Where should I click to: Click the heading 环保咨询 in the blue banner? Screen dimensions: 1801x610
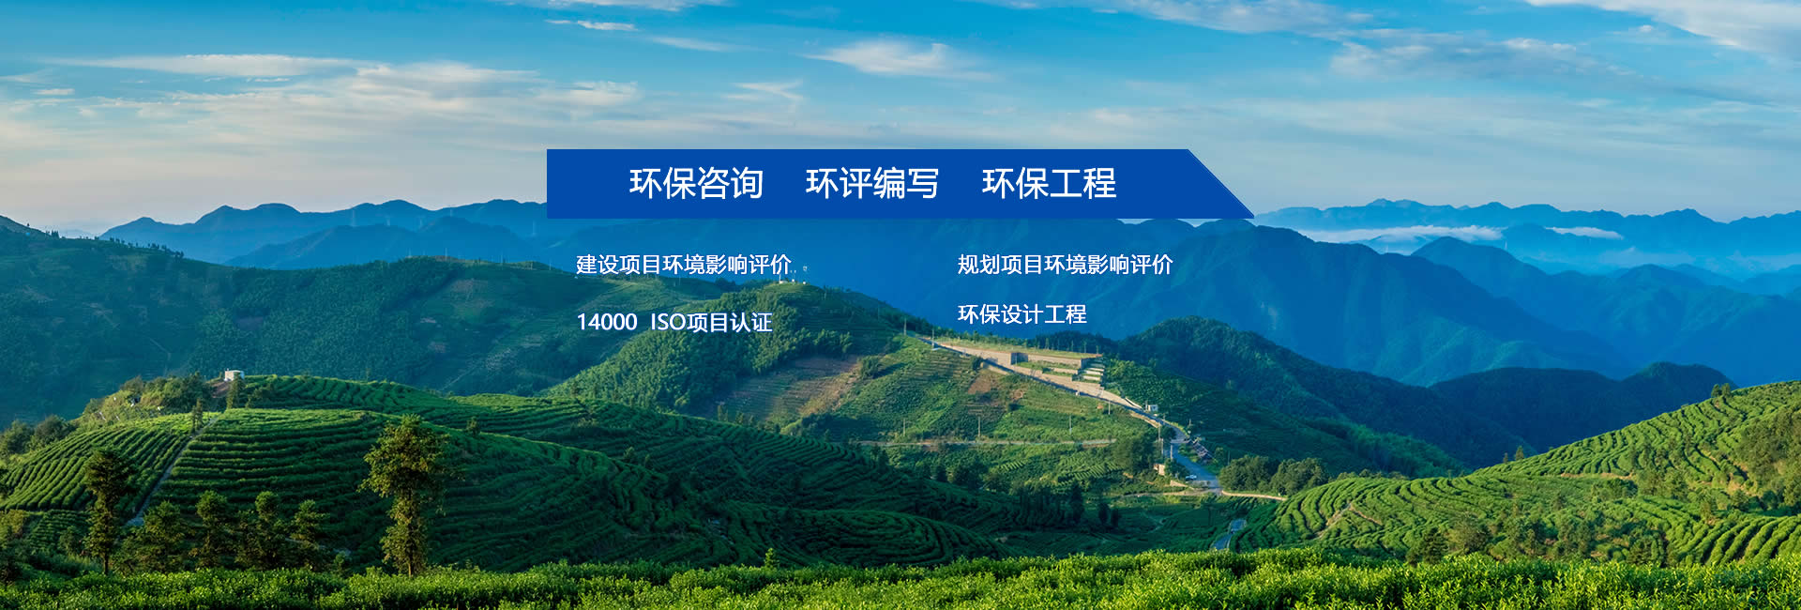[x=696, y=183]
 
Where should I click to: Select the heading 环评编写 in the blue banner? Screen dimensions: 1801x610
[x=872, y=183]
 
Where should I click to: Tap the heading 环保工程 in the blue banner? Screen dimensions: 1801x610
[x=1049, y=183]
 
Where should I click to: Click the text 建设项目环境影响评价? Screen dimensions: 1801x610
[x=684, y=265]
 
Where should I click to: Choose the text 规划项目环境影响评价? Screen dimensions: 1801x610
[x=1065, y=265]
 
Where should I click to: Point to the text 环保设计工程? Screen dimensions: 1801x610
[x=1022, y=314]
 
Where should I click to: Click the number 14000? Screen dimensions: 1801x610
[x=607, y=322]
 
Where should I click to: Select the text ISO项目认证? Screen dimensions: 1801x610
[x=711, y=322]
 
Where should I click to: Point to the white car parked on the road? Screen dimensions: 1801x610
[x=1189, y=476]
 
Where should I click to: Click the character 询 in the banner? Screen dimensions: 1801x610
[x=747, y=183]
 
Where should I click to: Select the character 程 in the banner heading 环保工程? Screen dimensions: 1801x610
[x=1100, y=183]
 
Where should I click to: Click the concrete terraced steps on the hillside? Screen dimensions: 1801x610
[x=1089, y=372]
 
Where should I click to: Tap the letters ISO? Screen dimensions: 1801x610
[x=668, y=322]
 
